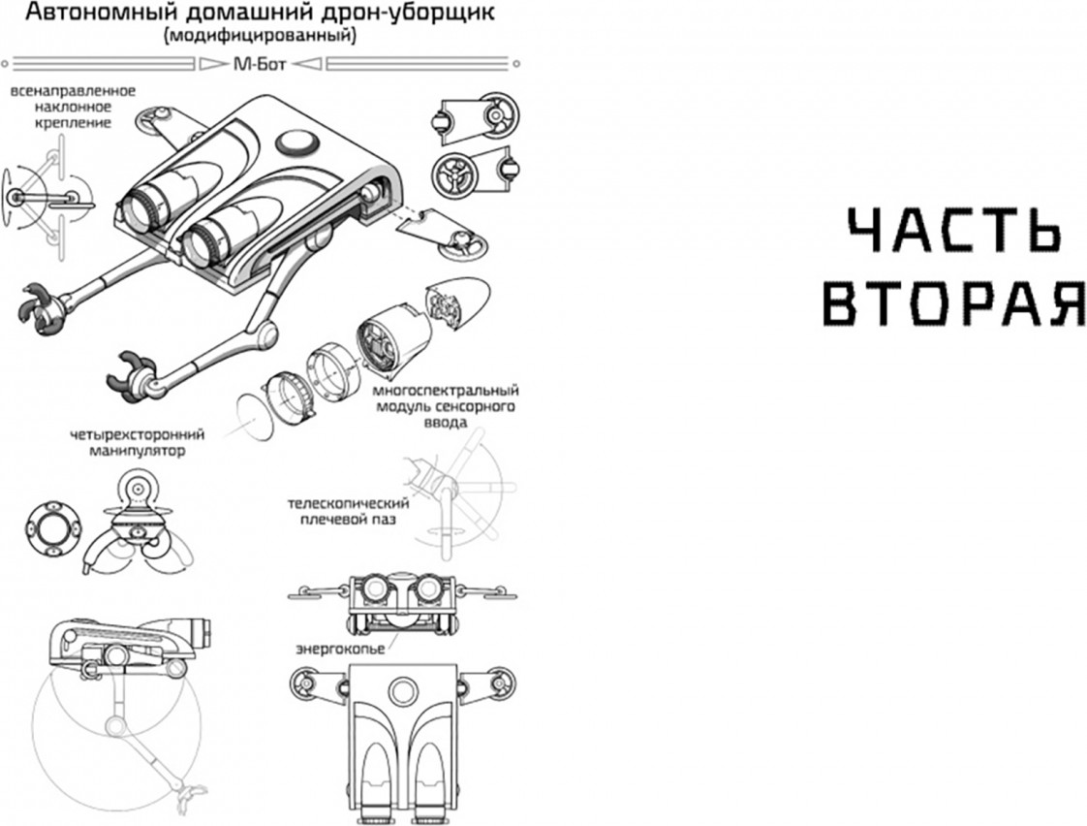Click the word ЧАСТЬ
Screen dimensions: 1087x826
954,230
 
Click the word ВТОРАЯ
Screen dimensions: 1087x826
955,303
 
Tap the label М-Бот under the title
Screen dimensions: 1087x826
260,65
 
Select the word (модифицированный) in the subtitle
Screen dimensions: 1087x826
260,36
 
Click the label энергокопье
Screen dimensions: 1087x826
340,650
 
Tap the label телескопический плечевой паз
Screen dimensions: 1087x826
348,511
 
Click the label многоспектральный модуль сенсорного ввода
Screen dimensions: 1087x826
446,406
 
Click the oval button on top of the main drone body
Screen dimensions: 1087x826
296,143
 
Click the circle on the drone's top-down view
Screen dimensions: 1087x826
401,691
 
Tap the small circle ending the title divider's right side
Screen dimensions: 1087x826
516,65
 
